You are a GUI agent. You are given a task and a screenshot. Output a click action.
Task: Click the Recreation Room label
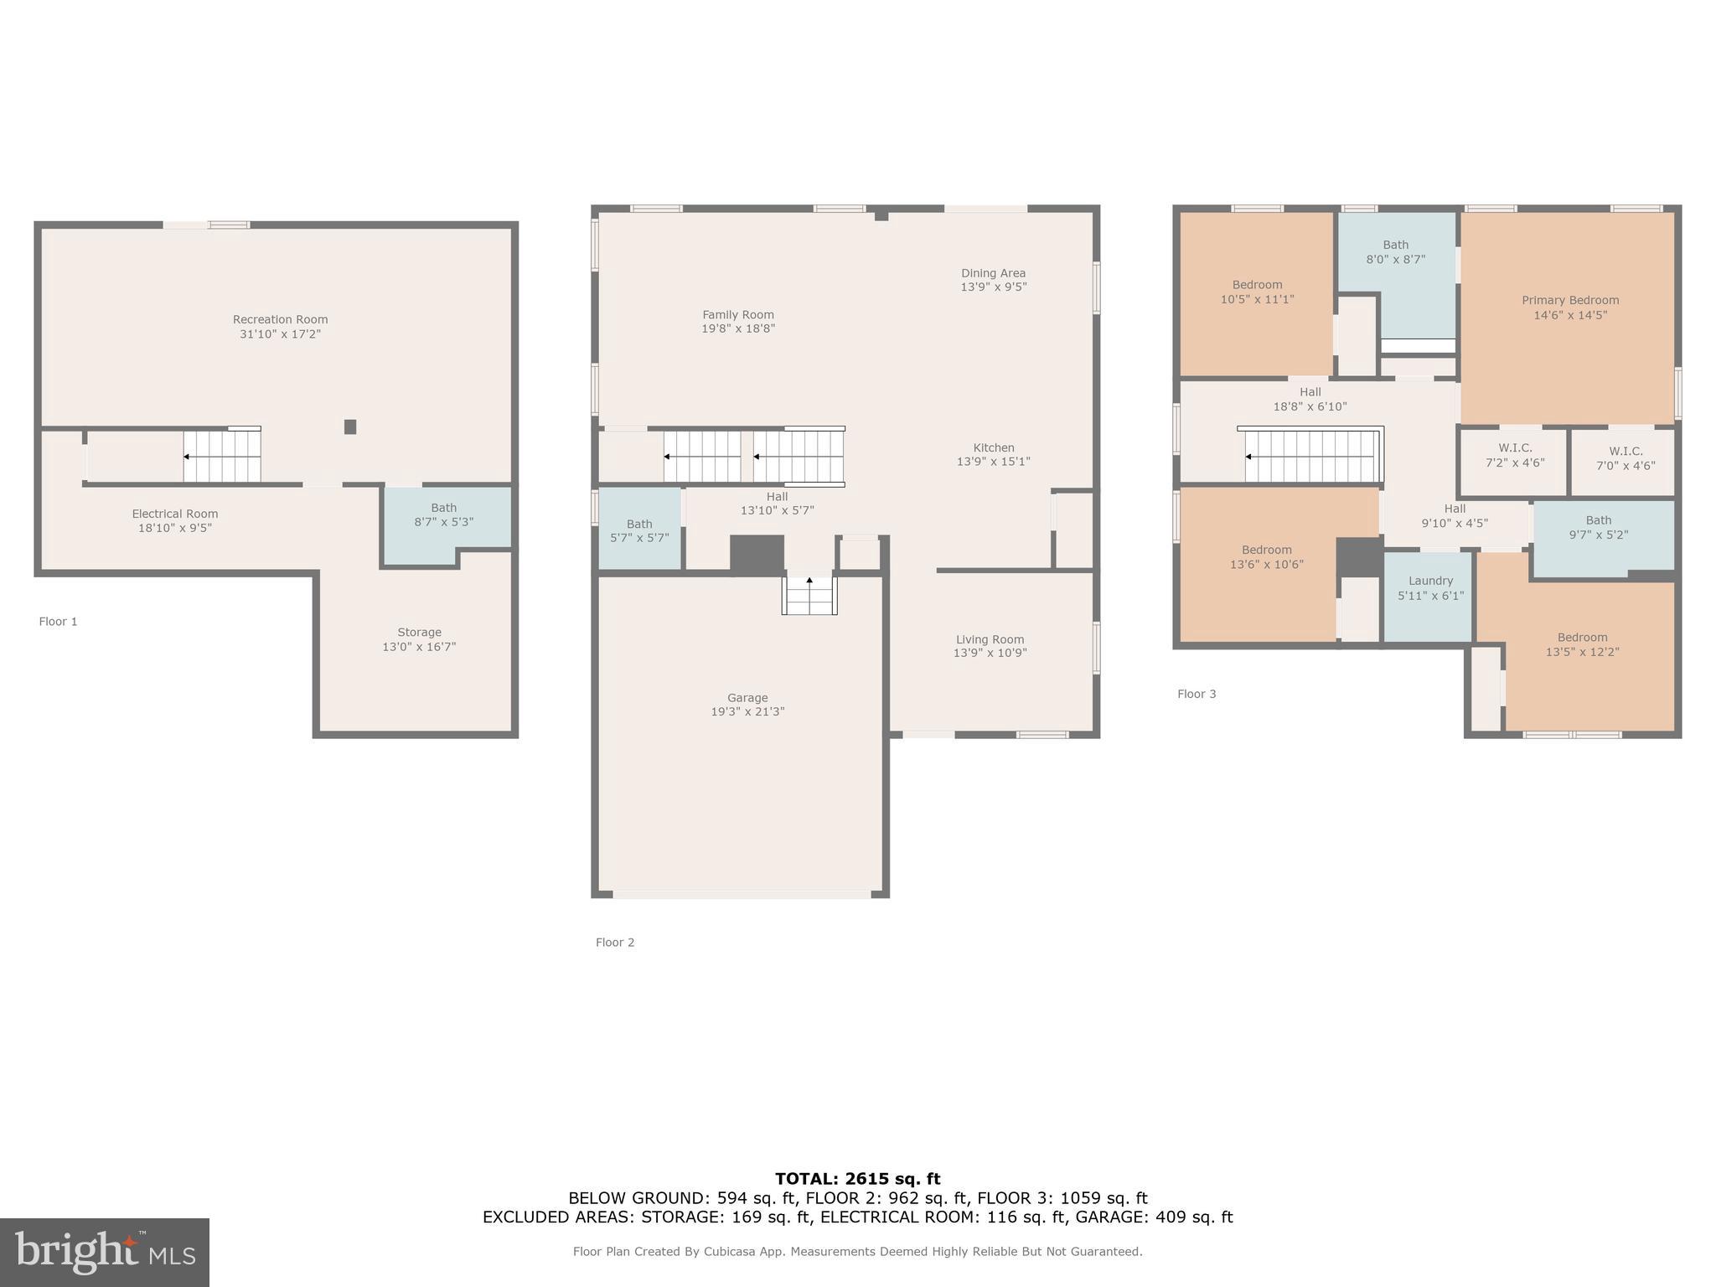[x=280, y=319]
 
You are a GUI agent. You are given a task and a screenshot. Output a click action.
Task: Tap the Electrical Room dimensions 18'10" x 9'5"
[x=174, y=528]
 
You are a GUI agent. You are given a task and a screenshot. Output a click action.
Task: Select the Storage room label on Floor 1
[x=419, y=633]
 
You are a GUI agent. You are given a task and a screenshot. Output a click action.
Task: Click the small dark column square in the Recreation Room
[x=350, y=426]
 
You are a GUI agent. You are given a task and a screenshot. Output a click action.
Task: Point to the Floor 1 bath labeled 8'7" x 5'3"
[x=443, y=514]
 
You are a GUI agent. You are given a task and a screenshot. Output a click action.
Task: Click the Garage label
[x=747, y=698]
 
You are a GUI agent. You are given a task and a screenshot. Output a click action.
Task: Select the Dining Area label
[x=993, y=273]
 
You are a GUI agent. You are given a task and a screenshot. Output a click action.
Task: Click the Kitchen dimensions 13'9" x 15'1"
[x=993, y=462]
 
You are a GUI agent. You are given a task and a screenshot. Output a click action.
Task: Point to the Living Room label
[x=990, y=639]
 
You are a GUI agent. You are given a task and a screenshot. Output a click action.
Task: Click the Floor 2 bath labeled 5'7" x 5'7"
[x=638, y=530]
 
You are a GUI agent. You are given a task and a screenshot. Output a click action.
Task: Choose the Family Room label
[x=737, y=315]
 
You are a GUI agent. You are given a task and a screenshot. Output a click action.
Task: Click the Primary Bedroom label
[x=1569, y=300]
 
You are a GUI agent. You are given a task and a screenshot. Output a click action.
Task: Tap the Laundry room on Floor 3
[x=1429, y=587]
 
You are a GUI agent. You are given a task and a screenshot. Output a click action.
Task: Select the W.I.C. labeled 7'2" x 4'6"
[x=1515, y=455]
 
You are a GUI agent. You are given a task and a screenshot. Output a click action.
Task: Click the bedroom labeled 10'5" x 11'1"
[x=1257, y=292]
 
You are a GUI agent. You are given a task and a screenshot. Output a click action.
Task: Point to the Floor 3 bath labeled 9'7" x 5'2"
[x=1598, y=527]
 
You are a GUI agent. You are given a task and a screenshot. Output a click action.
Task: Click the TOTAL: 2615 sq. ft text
[x=857, y=1179]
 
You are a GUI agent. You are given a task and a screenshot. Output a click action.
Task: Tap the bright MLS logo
[x=104, y=1252]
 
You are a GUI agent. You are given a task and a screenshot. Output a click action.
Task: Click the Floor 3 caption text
[x=1196, y=694]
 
